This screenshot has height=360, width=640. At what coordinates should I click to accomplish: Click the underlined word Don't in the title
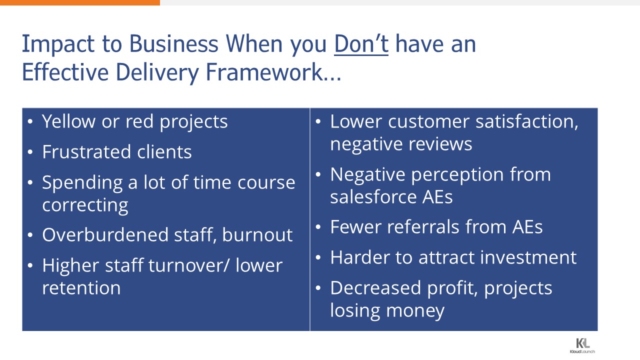361,44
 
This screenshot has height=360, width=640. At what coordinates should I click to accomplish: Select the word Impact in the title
58,44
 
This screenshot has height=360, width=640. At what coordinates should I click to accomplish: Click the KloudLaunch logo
582,345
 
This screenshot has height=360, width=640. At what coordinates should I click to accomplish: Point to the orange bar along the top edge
80,2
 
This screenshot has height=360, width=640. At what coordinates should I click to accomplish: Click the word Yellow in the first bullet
68,121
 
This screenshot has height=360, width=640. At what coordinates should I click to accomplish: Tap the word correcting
85,205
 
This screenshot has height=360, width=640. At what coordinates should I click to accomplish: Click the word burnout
257,235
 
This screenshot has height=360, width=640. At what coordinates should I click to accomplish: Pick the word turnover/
188,265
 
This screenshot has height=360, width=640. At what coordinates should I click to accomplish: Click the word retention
81,287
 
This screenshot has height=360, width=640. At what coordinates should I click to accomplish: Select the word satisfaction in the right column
527,122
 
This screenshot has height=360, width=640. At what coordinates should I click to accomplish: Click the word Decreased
375,287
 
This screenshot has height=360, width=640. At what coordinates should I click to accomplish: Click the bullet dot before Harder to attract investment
318,257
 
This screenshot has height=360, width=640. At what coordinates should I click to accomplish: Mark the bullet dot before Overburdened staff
30,235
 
